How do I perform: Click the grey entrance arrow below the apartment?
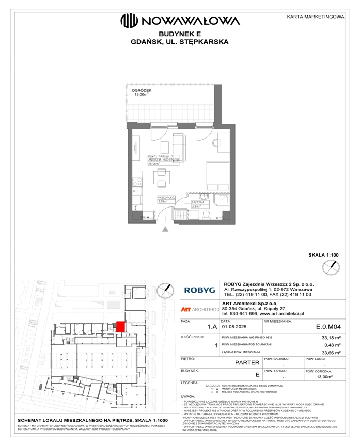pos(165,230)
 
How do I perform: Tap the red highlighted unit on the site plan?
pos(120,326)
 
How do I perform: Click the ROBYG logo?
pos(199,291)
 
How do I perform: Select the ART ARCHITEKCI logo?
pos(199,309)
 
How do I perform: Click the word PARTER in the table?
pos(247,362)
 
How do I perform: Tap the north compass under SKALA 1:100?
pos(331,267)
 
